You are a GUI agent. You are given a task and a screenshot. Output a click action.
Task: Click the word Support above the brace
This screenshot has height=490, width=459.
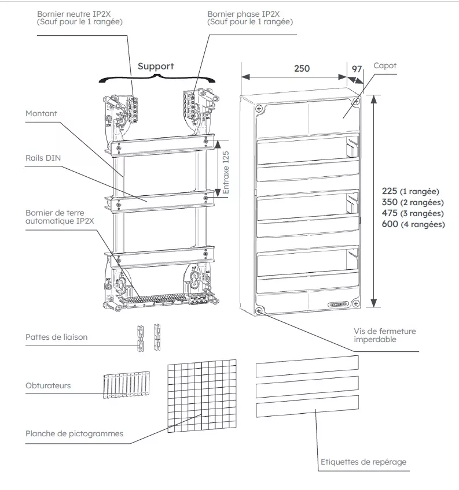[155, 66]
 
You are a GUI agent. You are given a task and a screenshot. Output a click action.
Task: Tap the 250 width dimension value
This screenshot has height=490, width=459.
[302, 68]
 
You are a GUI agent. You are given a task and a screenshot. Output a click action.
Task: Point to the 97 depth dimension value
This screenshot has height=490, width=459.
[357, 69]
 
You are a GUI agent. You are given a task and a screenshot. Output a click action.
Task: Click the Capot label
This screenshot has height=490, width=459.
[385, 66]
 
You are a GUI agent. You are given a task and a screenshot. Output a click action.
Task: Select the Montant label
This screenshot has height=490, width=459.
[42, 114]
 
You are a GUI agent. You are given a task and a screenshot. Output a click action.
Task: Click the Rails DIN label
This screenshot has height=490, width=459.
[44, 157]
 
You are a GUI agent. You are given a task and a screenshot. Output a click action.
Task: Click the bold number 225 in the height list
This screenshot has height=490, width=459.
[390, 191]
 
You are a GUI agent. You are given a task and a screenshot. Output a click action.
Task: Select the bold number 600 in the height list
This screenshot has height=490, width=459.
[390, 224]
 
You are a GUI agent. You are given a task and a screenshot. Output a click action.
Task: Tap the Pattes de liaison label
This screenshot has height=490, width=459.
[57, 337]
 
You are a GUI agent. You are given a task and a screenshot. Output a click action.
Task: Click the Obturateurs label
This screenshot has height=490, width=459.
[48, 385]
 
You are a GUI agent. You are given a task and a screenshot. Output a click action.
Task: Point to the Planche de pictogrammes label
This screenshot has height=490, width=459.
[74, 433]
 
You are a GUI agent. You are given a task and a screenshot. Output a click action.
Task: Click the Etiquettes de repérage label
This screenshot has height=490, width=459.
[363, 462]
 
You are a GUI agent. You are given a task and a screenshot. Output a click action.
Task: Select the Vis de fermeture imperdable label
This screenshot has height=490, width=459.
[385, 335]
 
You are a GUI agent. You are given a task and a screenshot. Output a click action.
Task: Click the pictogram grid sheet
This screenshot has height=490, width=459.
[201, 398]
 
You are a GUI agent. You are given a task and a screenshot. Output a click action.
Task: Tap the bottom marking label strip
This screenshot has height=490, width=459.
[307, 410]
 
